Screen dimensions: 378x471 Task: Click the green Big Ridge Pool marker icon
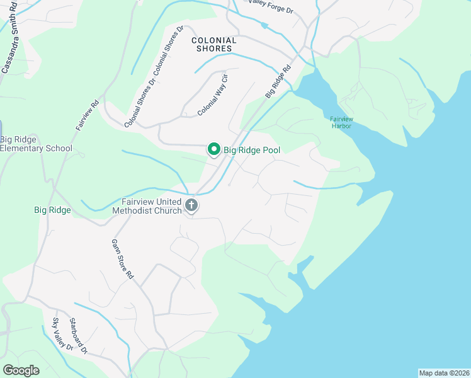pos(213,149)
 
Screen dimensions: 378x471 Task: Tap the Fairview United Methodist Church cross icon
pos(191,205)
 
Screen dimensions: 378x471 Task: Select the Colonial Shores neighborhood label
pos(214,44)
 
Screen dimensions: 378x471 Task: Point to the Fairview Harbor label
pos(341,122)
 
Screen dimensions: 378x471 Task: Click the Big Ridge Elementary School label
pos(36,144)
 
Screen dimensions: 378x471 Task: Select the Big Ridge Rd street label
pos(278,81)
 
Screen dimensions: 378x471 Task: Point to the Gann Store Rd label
pos(123,259)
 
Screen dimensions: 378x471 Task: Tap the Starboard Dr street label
pos(79,335)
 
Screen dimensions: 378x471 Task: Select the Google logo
pos(21,370)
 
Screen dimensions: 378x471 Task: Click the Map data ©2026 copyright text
pos(444,373)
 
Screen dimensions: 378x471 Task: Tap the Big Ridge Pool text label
pos(252,150)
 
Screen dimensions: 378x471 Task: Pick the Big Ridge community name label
pos(52,210)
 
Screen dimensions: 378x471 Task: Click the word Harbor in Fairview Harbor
pos(341,126)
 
